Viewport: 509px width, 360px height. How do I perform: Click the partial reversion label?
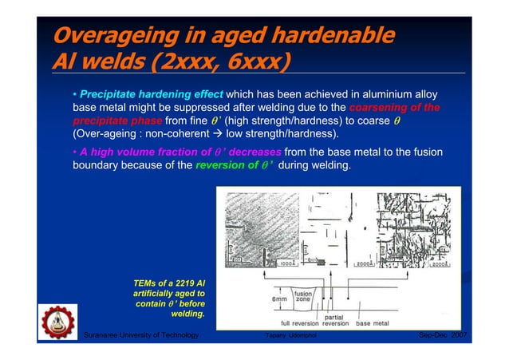point(333,320)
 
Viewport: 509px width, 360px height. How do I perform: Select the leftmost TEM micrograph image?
point(254,228)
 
